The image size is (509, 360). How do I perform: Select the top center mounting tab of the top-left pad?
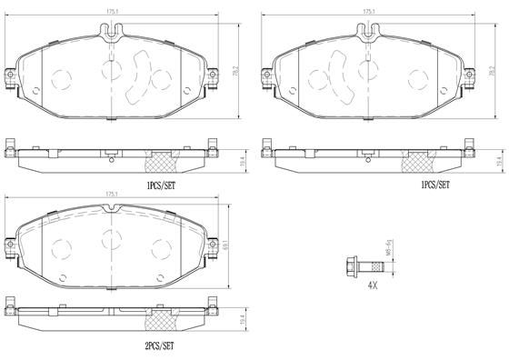click(x=113, y=34)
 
